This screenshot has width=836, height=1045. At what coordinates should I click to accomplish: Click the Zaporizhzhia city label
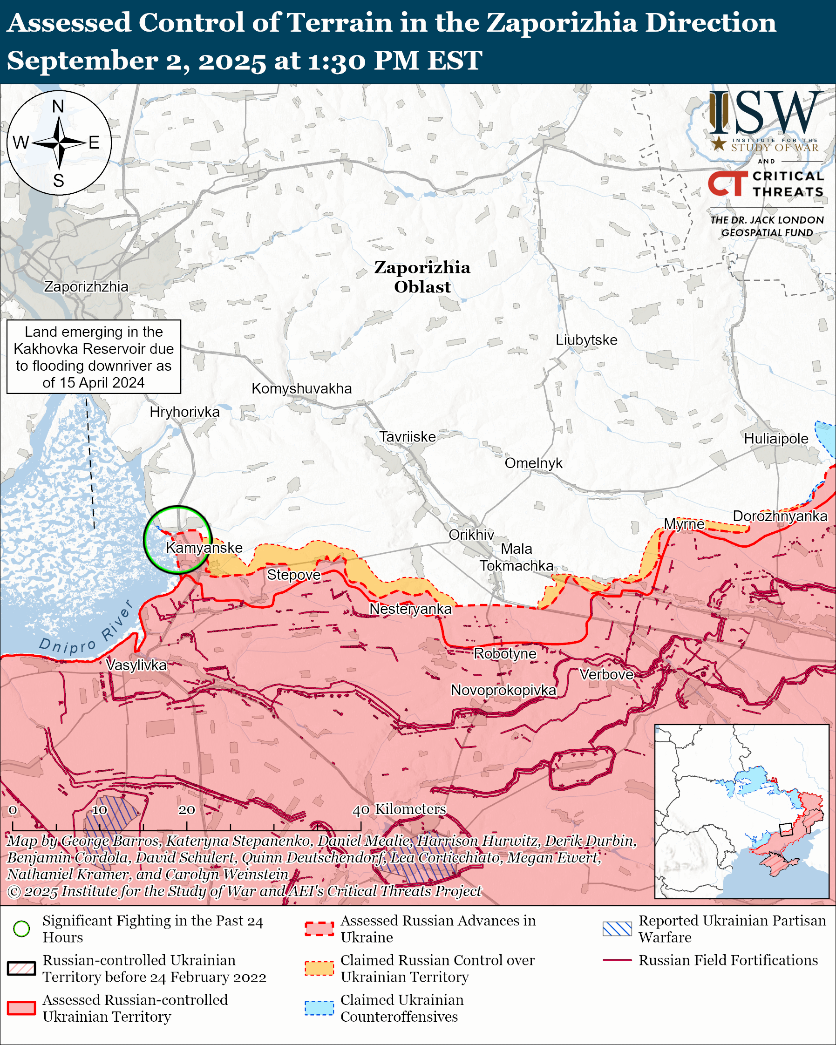(x=86, y=286)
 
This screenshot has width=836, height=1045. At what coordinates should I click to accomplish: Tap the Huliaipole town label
(x=776, y=439)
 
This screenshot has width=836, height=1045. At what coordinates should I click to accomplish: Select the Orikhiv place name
(x=471, y=535)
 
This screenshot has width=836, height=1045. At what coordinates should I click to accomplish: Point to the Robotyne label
(x=505, y=653)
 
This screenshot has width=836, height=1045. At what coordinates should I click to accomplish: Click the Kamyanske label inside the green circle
(x=204, y=548)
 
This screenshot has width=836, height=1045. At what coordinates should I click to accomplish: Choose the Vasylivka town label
(x=136, y=665)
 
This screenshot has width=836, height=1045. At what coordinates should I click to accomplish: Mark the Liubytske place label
(x=586, y=340)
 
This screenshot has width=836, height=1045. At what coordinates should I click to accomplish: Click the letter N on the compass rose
(x=58, y=106)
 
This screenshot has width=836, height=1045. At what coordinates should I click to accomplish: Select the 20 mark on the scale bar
(x=187, y=810)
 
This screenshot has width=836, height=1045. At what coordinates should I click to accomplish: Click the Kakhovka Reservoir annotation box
(x=94, y=357)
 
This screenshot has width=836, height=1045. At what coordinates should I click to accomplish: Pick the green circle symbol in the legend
(x=22, y=929)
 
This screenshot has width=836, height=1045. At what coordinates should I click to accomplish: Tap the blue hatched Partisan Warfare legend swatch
(x=617, y=929)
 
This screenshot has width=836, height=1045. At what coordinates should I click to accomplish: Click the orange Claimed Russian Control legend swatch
(x=319, y=969)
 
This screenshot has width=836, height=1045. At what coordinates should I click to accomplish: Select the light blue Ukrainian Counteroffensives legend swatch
(x=319, y=1008)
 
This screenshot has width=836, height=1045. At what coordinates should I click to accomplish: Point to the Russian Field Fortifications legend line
(x=617, y=960)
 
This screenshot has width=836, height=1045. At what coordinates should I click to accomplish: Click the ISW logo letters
(x=766, y=112)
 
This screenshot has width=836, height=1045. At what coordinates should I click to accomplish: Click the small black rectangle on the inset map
(x=786, y=830)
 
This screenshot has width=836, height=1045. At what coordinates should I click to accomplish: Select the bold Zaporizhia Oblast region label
(x=422, y=277)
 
